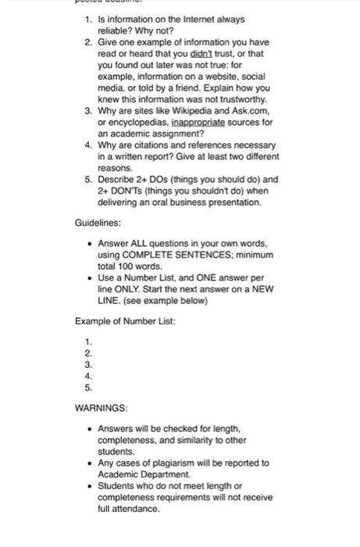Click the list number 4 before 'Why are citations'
pos(88,145)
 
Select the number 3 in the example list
pos(88,364)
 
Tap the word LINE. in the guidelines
pos(110,300)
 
